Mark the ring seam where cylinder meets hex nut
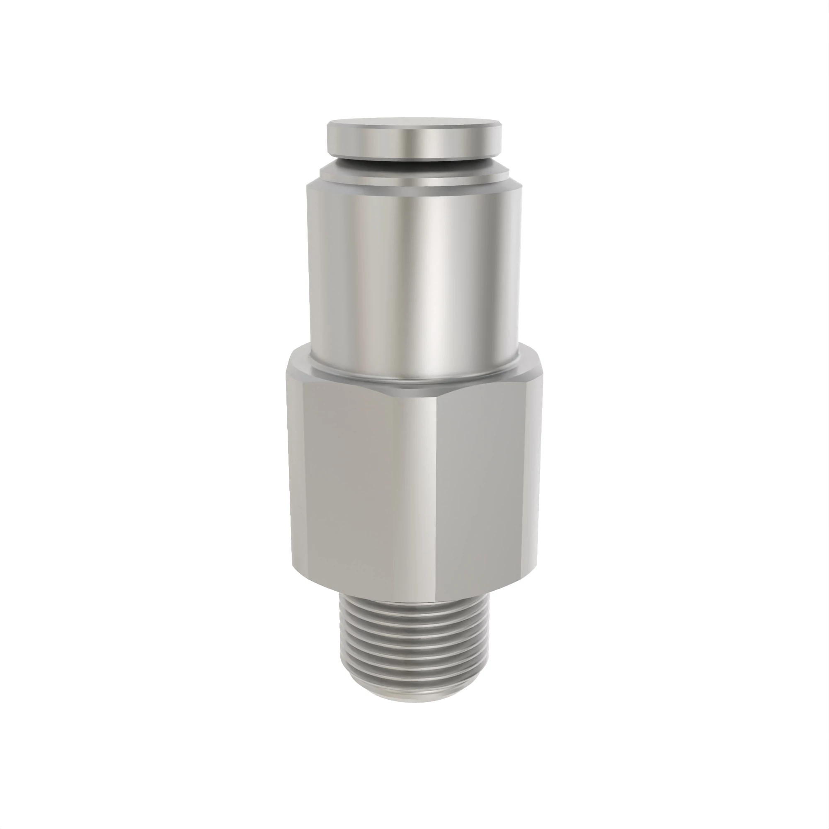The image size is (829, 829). pos(414,379)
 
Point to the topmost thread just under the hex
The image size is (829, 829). pos(414,603)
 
